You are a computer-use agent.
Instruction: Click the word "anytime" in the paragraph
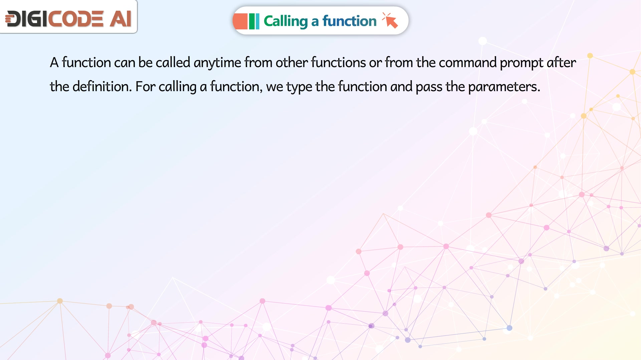tap(217, 63)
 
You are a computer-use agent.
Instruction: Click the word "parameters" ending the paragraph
tap(504, 87)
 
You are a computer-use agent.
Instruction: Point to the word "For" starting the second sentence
tap(146, 86)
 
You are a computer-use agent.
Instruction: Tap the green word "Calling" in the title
tap(286, 21)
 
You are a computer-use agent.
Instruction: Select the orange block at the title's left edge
tap(240, 21)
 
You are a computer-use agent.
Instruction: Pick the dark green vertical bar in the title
tap(252, 21)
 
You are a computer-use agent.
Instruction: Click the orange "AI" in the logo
tap(121, 19)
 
